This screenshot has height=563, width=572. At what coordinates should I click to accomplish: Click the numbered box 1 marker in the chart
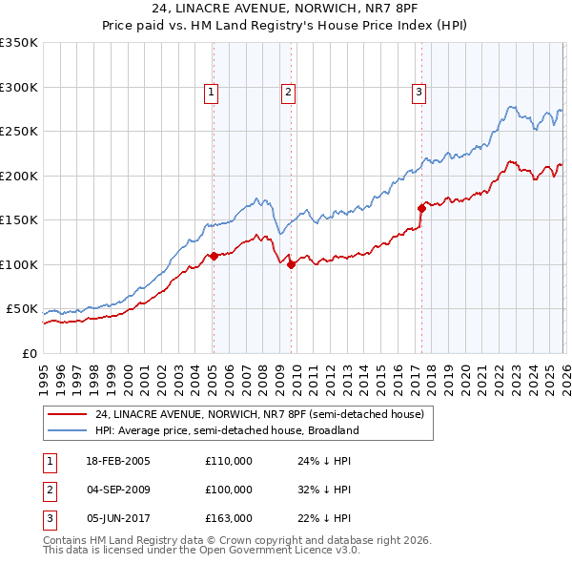(211, 93)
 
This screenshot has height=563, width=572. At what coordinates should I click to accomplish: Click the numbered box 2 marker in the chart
(288, 93)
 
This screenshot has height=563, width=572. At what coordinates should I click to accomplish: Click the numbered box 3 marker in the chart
(419, 93)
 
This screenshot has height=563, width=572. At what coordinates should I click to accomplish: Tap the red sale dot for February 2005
(214, 256)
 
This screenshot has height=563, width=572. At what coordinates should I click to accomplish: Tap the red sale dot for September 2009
(291, 265)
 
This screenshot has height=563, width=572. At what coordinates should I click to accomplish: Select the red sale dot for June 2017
(420, 207)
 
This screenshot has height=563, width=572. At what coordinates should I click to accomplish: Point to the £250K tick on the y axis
(20, 132)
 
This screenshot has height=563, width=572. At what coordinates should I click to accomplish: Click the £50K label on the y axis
(23, 309)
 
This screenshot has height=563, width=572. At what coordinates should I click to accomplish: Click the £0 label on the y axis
(29, 354)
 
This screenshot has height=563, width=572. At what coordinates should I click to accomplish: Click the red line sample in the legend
(68, 414)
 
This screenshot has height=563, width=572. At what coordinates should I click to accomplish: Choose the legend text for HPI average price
(227, 430)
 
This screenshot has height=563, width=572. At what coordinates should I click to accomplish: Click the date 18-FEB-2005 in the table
(117, 462)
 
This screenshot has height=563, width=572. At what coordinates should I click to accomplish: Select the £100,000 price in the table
(229, 490)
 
